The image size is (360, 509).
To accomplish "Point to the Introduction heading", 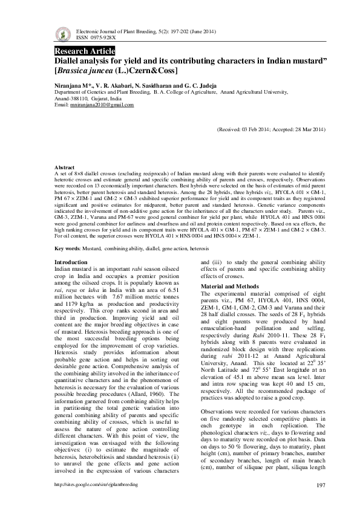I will point(71,262).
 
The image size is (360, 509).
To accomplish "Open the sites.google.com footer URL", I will point(96,485).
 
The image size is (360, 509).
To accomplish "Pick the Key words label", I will point(67,248).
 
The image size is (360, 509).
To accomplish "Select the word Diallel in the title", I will point(68,61).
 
